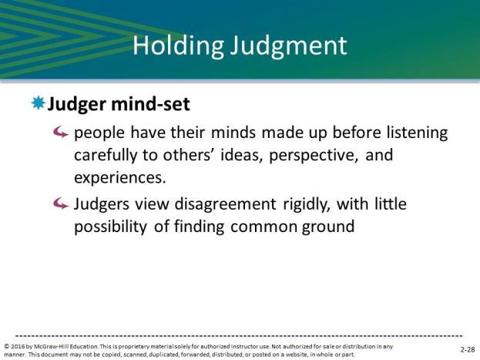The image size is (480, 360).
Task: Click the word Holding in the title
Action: [x=178, y=46]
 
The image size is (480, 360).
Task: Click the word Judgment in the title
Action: [x=289, y=46]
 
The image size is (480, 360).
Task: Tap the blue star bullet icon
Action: [x=38, y=103]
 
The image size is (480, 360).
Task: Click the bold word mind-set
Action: [x=150, y=103]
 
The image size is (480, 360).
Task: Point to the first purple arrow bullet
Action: [x=60, y=133]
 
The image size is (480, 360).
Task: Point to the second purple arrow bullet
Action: [x=60, y=204]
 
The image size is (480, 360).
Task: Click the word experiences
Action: [x=120, y=178]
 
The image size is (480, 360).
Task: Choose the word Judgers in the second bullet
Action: [x=102, y=204]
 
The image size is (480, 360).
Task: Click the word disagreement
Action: [x=225, y=204]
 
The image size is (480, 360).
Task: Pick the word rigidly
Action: [x=307, y=204]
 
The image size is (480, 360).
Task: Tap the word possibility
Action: [x=110, y=227]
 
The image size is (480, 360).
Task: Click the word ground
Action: [x=328, y=227]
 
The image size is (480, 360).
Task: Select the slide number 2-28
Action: [x=468, y=349]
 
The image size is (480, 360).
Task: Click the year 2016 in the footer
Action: [x=18, y=347]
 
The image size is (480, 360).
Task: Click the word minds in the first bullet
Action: [x=233, y=133]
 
